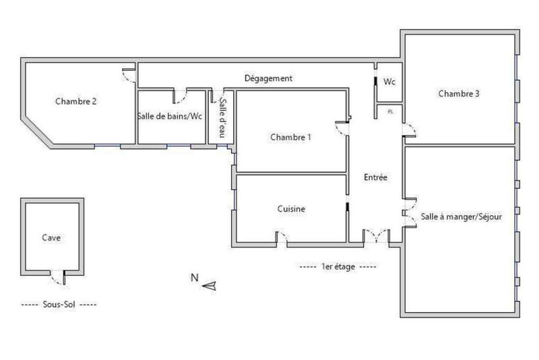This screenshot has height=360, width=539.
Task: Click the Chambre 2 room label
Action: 76,102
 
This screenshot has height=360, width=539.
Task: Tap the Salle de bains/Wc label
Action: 170,116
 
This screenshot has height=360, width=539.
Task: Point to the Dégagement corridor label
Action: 268,78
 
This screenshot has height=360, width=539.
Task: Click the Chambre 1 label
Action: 291,137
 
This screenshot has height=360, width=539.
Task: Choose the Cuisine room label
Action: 291,209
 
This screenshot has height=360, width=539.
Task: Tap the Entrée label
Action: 375,178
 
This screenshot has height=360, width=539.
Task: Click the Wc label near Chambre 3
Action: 389,82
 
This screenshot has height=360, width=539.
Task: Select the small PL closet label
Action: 390,112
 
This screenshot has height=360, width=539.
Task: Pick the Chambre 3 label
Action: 458,94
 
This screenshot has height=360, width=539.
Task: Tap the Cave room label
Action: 51,237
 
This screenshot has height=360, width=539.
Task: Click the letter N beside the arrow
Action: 194,277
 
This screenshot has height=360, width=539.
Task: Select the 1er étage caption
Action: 338,267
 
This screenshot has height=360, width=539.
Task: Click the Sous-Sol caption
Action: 59,305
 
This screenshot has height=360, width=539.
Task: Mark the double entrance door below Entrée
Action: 376,235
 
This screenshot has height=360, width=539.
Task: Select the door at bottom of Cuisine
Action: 284,237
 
